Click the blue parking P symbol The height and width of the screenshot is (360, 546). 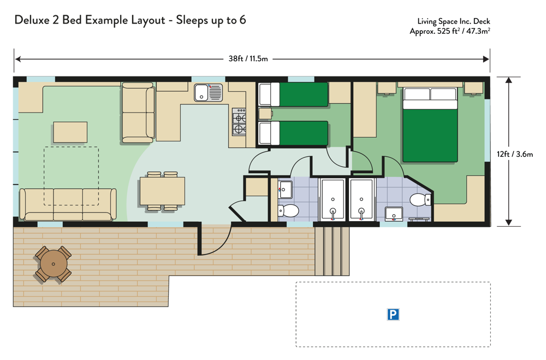coord(393,314)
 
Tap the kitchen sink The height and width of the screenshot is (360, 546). coord(208,92)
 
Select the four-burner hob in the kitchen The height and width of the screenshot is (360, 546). coord(239,122)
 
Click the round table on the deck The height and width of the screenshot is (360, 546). coord(54,264)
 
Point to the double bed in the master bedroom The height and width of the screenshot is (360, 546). coord(430,125)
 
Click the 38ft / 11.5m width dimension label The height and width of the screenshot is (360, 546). coord(248,59)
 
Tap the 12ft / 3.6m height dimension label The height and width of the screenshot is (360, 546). coord(515,154)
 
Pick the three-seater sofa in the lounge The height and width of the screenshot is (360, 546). coord(68,204)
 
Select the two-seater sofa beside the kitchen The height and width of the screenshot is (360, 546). coord(138,113)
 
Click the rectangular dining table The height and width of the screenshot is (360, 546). coord(162,191)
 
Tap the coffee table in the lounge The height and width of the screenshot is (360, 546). coord(70,132)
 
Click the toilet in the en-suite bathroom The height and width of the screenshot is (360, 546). coord(420,200)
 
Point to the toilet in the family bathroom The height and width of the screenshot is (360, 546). coord(288,211)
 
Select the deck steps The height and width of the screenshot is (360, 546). coord(332,251)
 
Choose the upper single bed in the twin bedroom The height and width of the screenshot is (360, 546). coord(294,94)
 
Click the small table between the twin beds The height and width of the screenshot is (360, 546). coord(265,114)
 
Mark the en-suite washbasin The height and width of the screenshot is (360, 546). coord(394,213)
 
